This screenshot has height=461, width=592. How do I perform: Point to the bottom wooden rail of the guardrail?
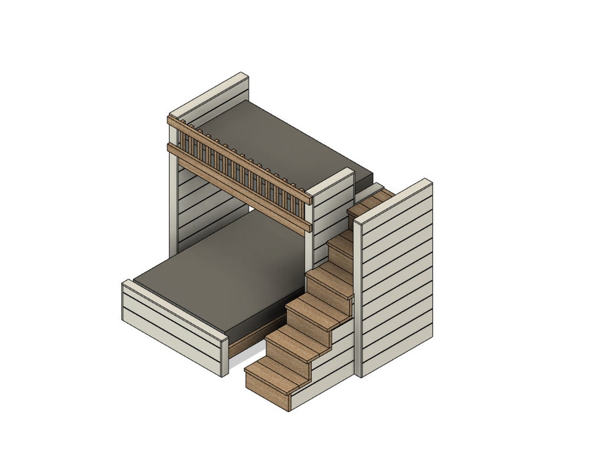tap(241, 186)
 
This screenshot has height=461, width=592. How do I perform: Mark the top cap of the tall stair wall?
tap(392, 201)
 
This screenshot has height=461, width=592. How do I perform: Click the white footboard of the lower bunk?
tap(170, 329)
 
